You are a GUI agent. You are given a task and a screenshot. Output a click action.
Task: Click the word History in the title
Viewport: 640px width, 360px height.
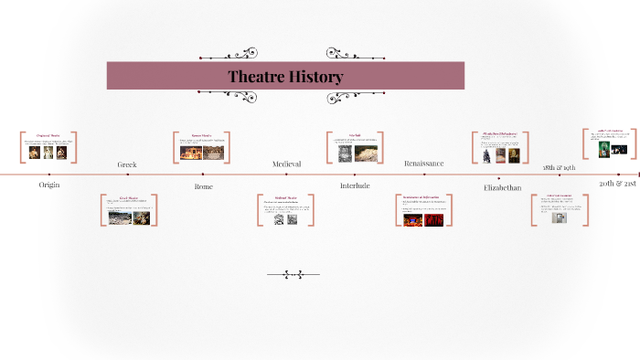point(314,76)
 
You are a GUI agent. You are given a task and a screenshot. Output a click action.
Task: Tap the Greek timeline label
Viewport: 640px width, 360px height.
point(127,164)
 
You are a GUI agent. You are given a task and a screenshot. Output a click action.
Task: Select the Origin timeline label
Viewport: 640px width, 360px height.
point(48,185)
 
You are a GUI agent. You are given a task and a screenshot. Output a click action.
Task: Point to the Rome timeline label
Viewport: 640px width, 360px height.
point(203,185)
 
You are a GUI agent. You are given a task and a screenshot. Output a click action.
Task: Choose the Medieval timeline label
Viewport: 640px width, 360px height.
point(286,164)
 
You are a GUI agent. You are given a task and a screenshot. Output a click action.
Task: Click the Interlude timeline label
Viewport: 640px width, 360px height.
point(355,185)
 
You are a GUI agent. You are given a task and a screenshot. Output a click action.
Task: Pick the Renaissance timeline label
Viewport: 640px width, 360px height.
point(423,164)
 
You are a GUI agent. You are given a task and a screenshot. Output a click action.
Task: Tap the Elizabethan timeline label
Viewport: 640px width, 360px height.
point(502,187)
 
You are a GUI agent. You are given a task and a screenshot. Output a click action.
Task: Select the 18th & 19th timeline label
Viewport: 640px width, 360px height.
point(559,168)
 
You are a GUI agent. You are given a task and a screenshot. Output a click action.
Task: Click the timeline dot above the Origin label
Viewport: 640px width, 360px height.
point(48,174)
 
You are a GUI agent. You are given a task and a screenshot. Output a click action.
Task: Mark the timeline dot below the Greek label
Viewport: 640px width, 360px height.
point(127,174)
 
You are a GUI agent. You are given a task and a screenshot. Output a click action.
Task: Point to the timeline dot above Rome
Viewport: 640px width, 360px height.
point(203,174)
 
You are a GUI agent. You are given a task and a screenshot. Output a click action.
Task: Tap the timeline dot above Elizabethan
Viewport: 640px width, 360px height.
point(502,174)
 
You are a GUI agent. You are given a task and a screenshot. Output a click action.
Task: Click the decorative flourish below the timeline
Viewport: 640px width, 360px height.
point(293,273)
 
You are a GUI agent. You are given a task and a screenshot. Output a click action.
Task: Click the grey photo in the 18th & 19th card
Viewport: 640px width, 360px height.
point(559,217)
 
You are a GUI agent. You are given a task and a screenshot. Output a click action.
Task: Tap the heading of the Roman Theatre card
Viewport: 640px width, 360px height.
point(201,135)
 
